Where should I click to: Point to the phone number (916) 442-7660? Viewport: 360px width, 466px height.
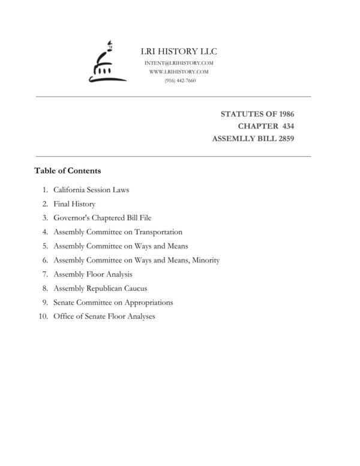coord(179,80)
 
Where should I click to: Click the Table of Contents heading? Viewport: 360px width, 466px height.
coord(67,171)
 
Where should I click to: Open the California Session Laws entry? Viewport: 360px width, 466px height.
coord(91,190)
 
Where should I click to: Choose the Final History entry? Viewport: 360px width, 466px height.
coord(74,204)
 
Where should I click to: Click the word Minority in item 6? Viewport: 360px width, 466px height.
coord(206,260)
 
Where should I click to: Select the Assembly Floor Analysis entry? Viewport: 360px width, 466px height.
coord(93,274)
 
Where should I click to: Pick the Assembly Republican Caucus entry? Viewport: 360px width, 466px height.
coord(100,288)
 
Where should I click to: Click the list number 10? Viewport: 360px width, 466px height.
coord(43,316)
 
